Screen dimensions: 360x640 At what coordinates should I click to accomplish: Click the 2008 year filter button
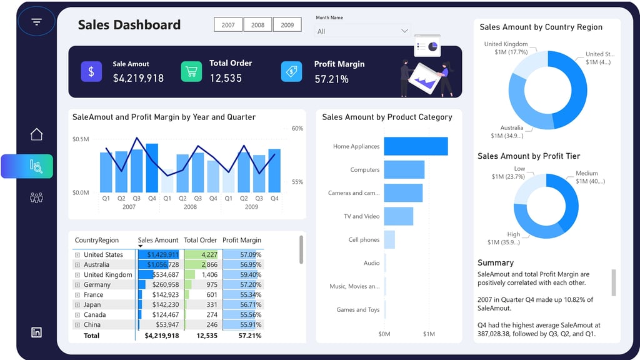257,25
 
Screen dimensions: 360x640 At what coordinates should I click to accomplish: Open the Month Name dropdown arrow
404,31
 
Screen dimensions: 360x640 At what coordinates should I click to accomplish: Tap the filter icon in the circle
37,22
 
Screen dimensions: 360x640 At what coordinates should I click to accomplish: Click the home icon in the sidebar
36,134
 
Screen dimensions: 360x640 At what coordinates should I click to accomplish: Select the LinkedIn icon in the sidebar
36,332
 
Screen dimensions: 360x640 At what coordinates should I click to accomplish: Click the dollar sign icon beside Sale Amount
91,72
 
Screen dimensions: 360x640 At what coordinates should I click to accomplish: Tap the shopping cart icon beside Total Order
191,72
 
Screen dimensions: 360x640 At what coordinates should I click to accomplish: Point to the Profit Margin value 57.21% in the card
331,79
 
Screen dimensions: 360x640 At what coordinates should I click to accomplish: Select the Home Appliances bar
416,146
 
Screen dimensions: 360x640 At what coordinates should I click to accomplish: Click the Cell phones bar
389,239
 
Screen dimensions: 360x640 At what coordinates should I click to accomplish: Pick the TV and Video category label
361,216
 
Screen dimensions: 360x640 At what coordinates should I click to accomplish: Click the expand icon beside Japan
77,305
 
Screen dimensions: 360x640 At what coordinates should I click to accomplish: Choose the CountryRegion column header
97,240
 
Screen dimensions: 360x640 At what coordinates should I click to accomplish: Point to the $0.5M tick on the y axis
81,139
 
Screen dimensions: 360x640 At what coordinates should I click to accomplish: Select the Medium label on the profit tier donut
587,173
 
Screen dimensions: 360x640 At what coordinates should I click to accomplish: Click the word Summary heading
496,263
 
